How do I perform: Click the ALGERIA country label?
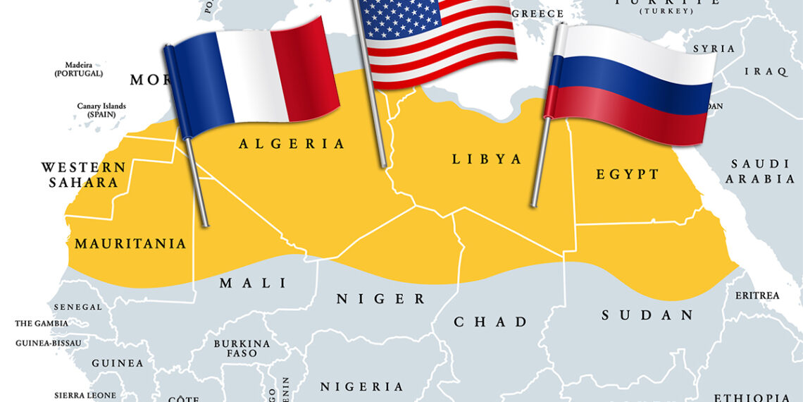(x=292, y=144)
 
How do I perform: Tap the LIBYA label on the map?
(x=487, y=159)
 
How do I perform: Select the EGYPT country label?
(x=628, y=174)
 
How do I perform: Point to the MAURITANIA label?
(x=130, y=244)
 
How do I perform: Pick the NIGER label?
(x=380, y=299)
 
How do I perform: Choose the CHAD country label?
(x=490, y=322)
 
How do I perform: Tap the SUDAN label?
(x=647, y=315)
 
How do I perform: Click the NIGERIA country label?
(x=362, y=386)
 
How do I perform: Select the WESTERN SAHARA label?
(x=83, y=175)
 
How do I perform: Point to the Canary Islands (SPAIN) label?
(x=101, y=110)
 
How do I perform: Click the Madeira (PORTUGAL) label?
(x=79, y=69)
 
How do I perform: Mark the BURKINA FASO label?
(x=242, y=348)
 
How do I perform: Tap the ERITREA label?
(x=757, y=296)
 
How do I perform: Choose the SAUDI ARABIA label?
(x=760, y=171)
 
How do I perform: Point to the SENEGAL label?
(x=77, y=307)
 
